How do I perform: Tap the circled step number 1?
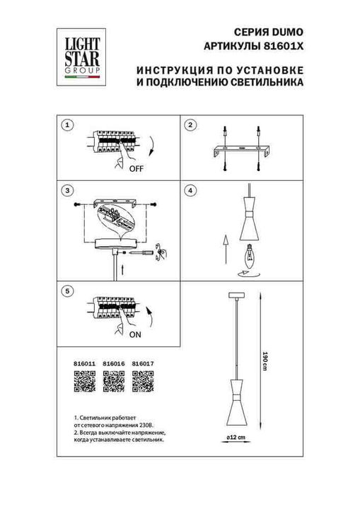67,125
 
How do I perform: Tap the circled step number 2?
190,125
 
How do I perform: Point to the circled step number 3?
67,191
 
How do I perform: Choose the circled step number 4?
190,191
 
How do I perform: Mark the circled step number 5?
67,290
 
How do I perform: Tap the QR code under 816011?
83,382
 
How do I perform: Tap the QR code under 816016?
113,382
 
